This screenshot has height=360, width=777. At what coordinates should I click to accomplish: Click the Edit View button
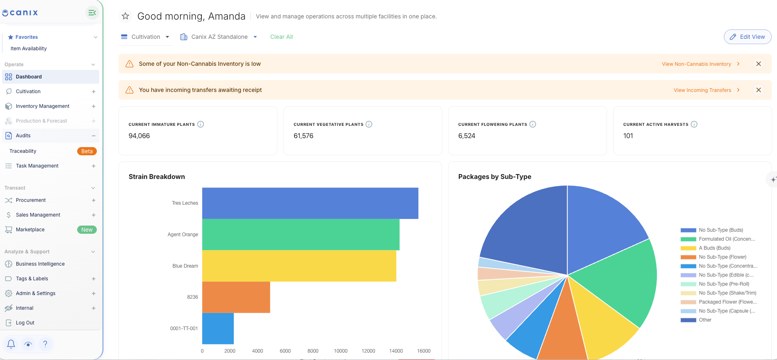tap(748, 37)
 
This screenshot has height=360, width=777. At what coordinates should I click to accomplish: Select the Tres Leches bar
tap(310, 203)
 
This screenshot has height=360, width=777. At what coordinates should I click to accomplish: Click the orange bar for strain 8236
tap(236, 297)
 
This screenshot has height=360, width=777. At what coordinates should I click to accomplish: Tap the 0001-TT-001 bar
tap(218, 329)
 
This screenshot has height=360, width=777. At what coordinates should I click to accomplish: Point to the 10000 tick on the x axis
tap(341, 351)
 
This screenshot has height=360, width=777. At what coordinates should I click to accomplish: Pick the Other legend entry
tap(696, 320)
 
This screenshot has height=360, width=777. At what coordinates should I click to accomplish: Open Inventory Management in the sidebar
tap(42, 106)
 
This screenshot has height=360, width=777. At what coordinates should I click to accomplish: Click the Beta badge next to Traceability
tap(87, 151)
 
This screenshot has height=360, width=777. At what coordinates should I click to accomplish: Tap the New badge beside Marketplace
tap(87, 230)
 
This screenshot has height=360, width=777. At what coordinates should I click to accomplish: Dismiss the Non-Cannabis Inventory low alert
tap(759, 64)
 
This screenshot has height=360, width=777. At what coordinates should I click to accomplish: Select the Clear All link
tap(281, 37)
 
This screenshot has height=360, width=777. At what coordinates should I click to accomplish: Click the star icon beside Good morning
tap(125, 16)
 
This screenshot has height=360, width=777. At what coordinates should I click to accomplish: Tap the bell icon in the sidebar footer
tap(11, 344)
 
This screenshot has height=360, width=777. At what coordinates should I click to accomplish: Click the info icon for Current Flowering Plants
tap(533, 124)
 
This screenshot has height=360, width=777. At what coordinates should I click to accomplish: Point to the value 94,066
tap(139, 136)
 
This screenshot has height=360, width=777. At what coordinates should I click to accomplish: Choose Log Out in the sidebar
tap(25, 323)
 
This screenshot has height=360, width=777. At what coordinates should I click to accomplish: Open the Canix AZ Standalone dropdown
tap(219, 37)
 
